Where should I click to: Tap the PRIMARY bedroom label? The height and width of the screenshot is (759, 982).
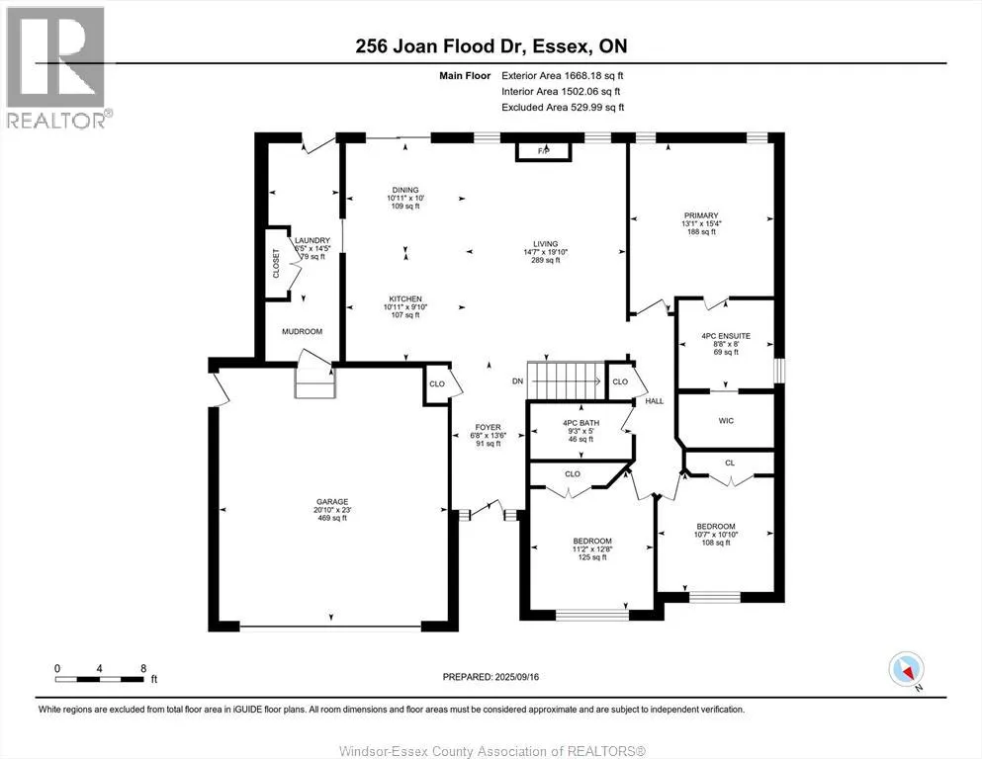700,215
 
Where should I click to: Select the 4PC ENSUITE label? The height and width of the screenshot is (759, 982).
726,336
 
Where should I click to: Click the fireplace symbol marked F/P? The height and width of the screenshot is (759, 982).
543,150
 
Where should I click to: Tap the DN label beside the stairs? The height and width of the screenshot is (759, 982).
516,380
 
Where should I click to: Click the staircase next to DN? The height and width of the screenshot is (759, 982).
567,377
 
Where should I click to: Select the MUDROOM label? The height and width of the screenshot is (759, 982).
302,332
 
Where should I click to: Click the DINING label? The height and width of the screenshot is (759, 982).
405,190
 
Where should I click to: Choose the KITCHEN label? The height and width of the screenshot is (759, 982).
404,299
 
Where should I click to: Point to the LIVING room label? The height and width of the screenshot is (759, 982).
545,244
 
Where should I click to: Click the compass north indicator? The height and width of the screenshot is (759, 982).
906,670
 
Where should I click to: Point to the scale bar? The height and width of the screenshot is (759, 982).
101,679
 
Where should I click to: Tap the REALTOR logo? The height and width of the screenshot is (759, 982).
56,67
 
